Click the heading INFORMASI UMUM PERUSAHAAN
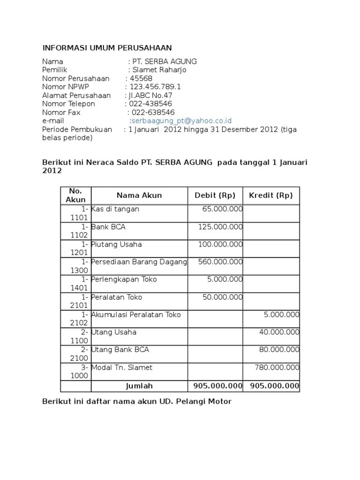coord(107,48)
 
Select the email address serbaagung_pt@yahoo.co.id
coord(181,121)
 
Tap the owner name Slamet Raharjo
coord(159,70)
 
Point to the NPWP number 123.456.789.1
coord(155,87)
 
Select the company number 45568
coord(141,78)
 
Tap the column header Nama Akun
coord(139,195)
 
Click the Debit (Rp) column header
coord(215,195)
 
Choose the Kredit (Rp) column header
coord(271,195)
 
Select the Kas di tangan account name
coord(115,209)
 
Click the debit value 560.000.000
coord(220,262)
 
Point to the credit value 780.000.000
coord(277,367)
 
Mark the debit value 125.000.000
coord(220,227)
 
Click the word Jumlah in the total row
coord(139,386)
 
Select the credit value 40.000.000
coord(279,332)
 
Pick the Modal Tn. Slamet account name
coord(122,367)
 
